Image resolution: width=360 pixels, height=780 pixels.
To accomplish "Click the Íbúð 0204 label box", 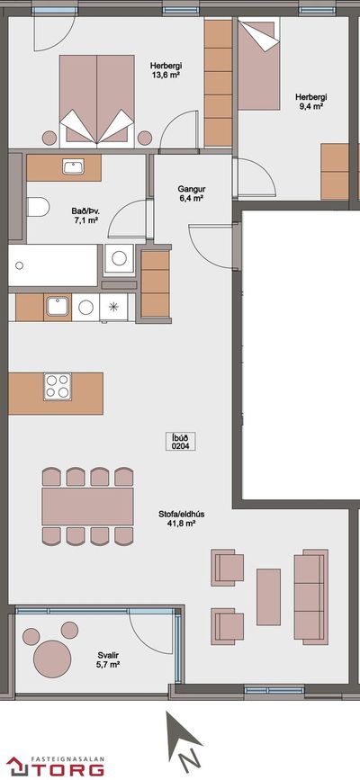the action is click(180, 441).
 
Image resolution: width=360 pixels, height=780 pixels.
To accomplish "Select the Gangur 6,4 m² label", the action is click(192, 193).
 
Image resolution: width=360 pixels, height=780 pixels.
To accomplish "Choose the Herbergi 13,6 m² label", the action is click(166, 70).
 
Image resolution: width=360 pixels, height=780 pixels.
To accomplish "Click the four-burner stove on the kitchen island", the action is click(57, 387).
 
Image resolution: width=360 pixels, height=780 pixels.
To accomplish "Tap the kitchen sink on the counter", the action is click(58, 307).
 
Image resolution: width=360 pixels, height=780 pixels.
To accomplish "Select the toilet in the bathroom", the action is click(37, 207).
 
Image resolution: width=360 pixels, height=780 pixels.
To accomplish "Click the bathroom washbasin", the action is click(74, 166).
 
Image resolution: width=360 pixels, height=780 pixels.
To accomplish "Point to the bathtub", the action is click(53, 265).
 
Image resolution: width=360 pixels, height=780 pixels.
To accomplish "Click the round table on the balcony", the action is click(52, 659).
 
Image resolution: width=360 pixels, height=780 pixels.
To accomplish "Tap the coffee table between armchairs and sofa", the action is click(268, 596).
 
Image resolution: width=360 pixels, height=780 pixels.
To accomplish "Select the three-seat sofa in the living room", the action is click(311, 597).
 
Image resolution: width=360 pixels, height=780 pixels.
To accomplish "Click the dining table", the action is click(87, 507).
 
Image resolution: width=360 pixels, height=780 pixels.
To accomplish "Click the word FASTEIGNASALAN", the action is click(67, 758).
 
